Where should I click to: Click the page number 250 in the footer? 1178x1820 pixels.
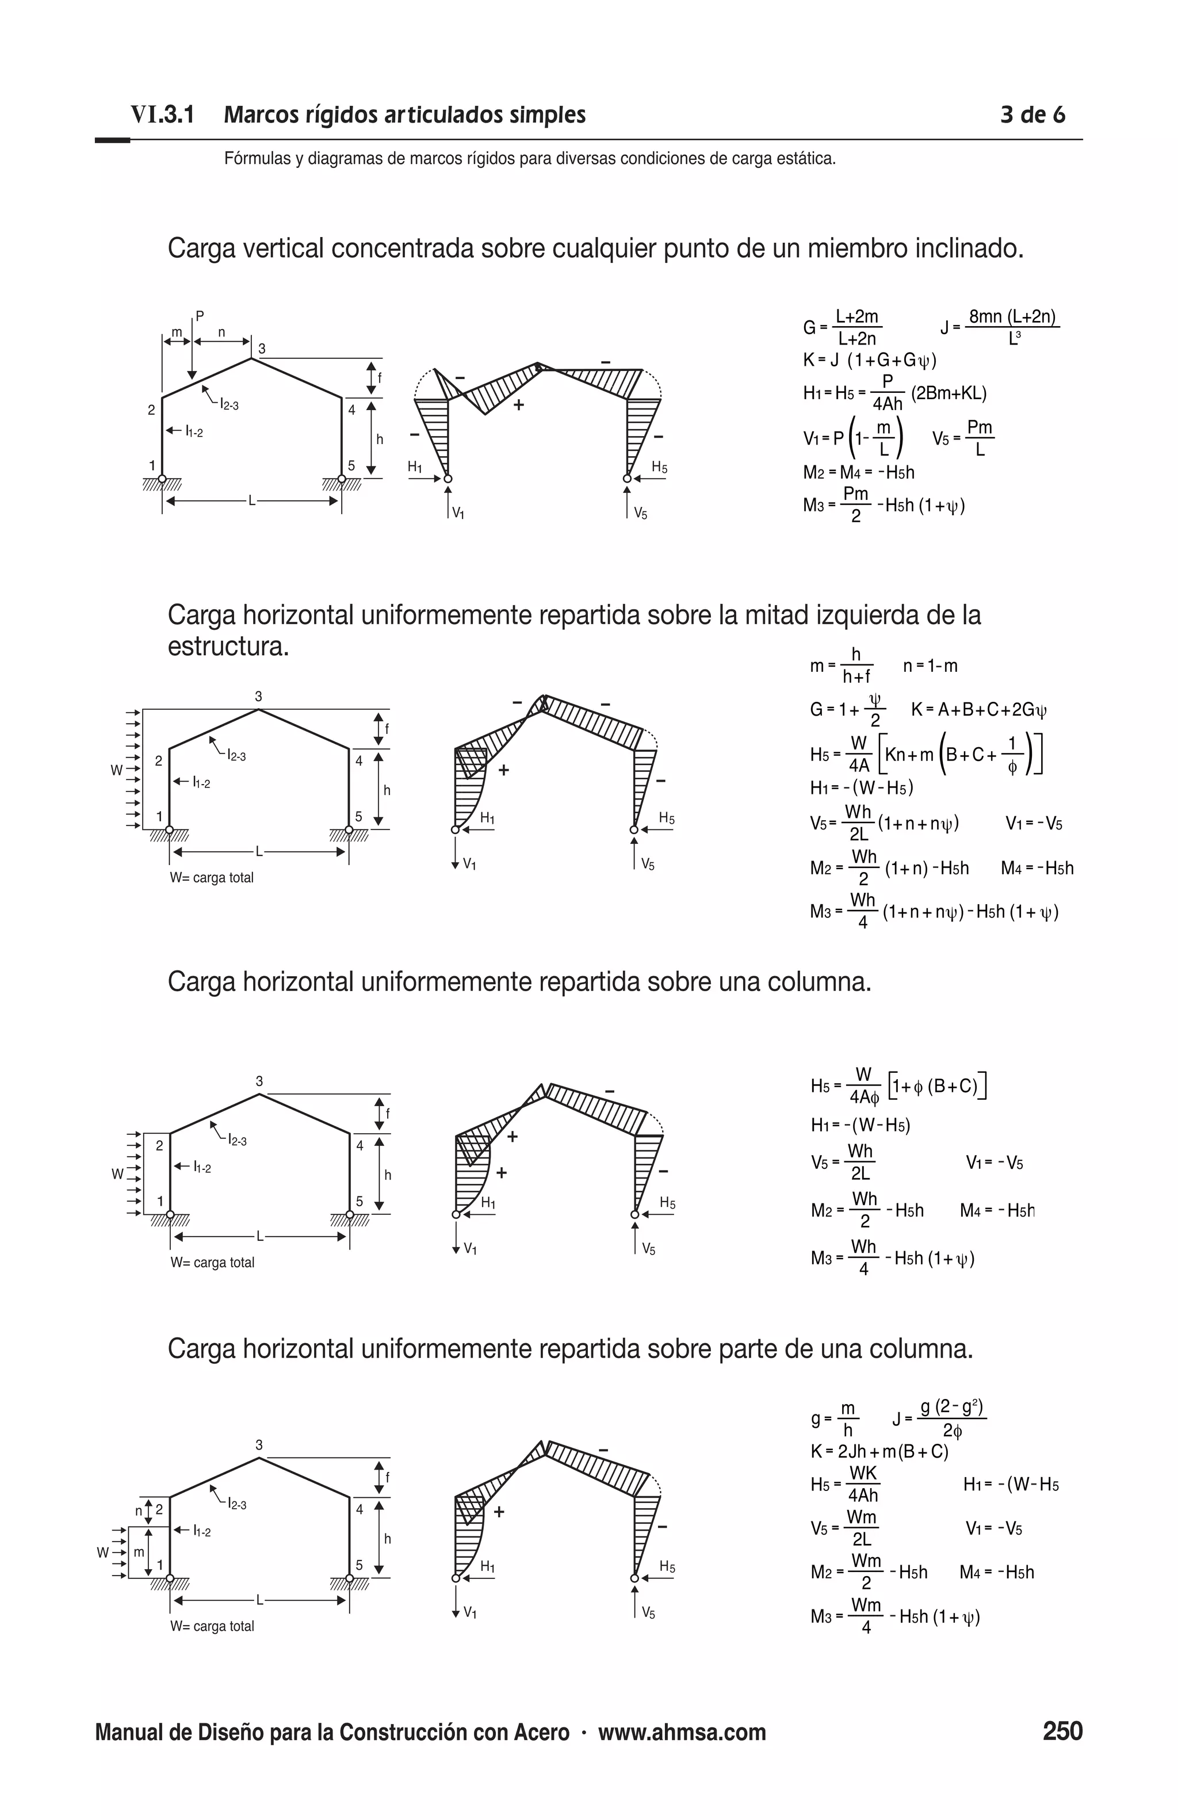1062,1731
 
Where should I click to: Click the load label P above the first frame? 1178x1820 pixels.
200,315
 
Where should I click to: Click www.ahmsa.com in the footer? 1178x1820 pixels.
682,1733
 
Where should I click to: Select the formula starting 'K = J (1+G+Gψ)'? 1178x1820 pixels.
869,360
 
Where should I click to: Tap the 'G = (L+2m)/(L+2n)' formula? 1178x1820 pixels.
843,327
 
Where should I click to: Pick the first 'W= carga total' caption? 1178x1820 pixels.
212,878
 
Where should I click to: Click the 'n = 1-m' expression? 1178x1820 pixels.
930,666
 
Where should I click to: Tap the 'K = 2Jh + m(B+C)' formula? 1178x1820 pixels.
879,1451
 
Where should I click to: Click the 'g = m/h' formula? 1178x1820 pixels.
834,1419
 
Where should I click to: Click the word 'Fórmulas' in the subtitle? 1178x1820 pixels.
258,159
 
